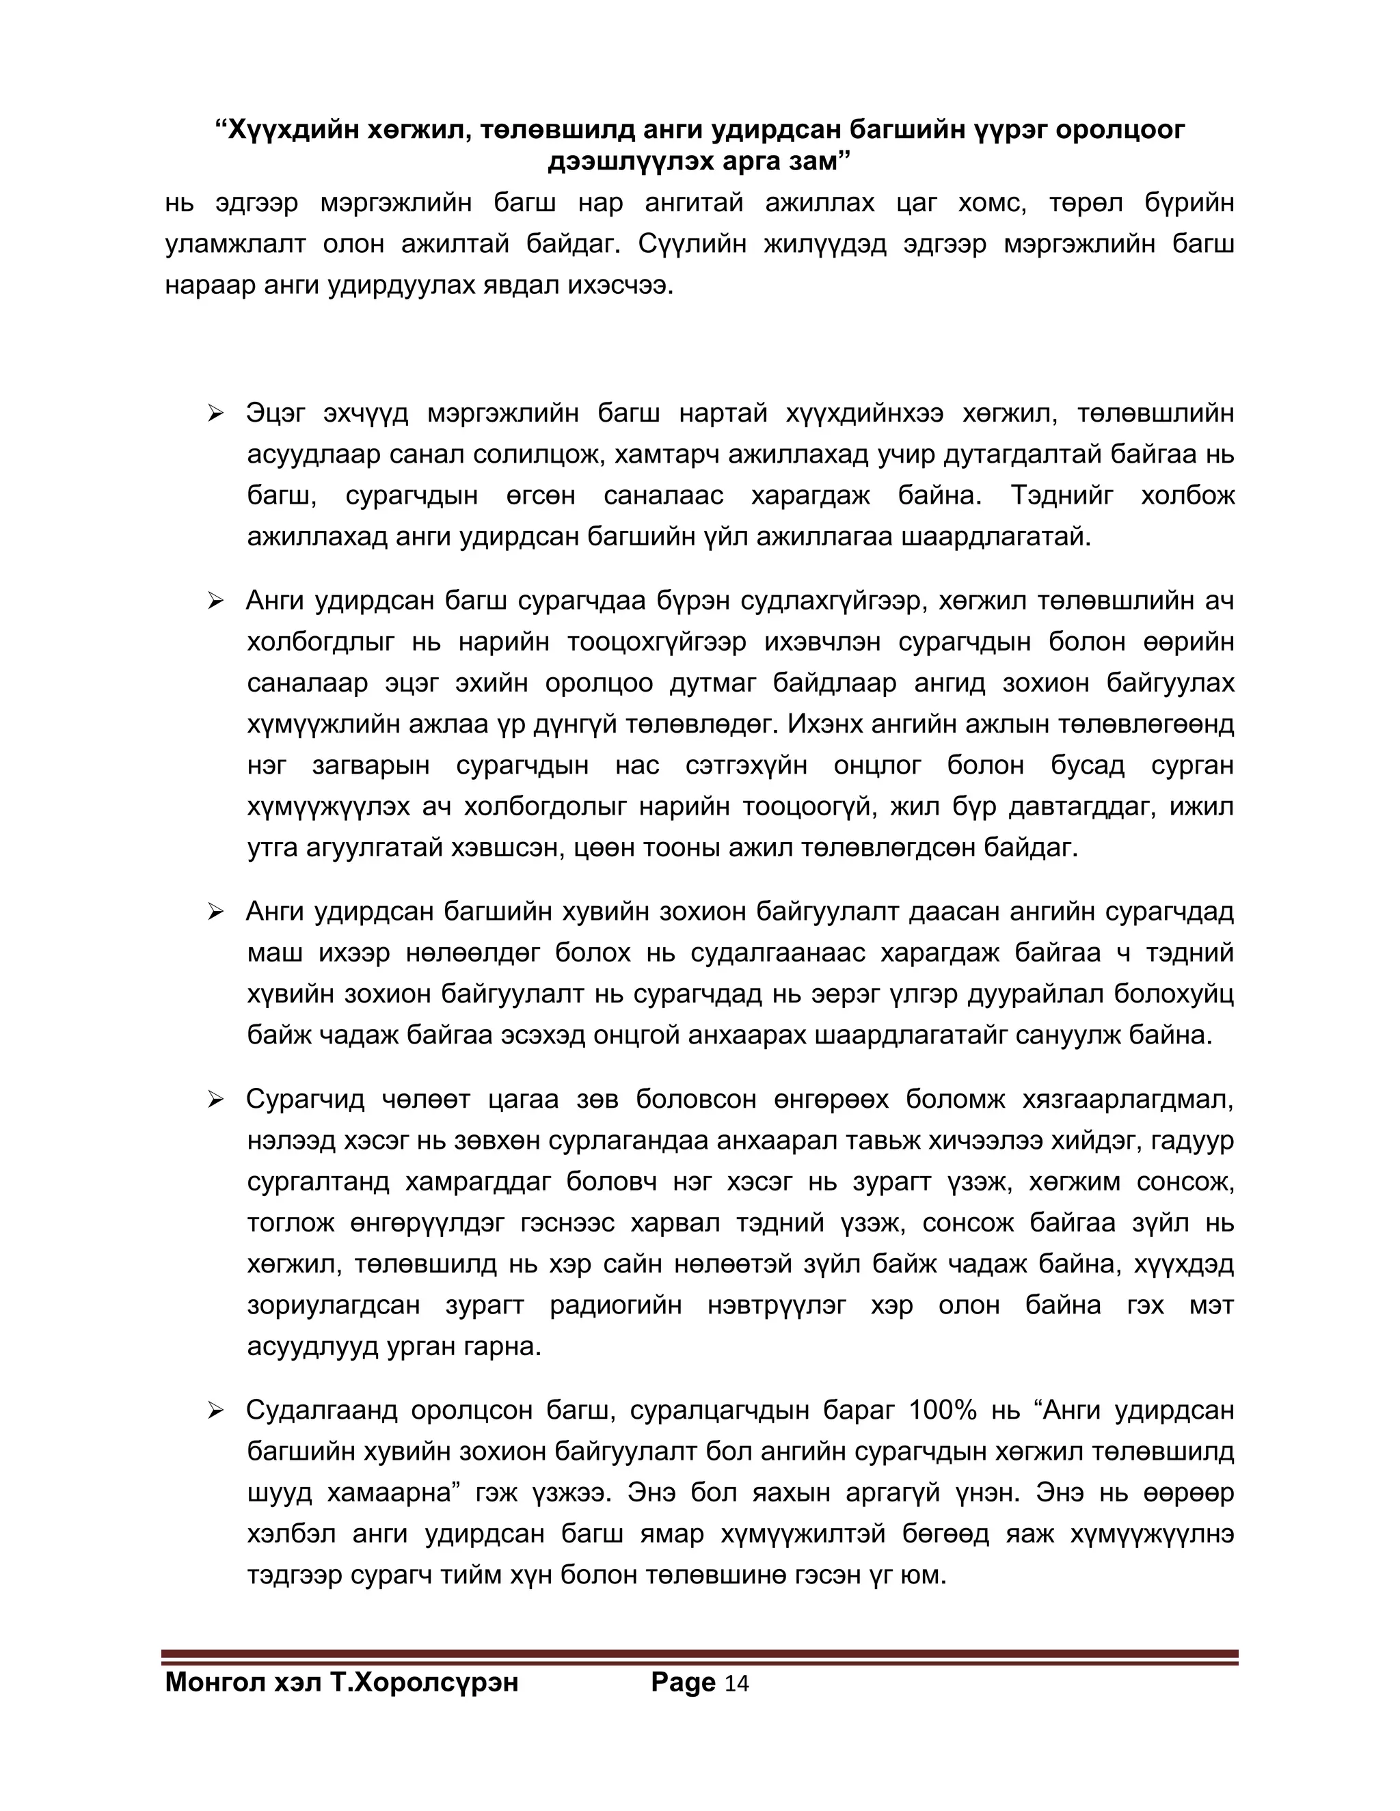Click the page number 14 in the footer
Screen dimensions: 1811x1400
[736, 1684]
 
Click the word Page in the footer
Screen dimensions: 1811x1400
[683, 1682]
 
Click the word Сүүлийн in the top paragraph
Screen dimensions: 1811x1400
[692, 245]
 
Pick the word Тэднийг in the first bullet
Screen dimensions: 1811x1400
[1062, 496]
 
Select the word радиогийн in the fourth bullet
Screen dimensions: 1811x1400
[615, 1306]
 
